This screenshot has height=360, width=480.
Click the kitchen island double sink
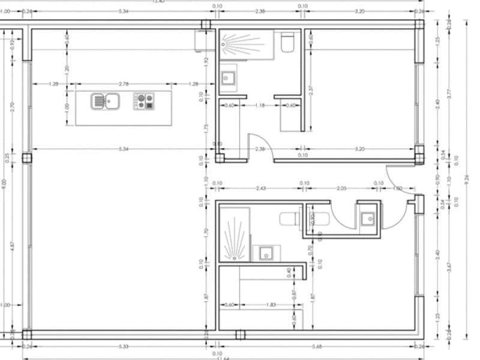(x=106, y=101)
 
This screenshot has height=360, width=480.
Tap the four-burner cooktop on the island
(x=143, y=101)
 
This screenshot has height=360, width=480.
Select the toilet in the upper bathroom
(x=287, y=42)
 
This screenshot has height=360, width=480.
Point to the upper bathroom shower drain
(x=223, y=43)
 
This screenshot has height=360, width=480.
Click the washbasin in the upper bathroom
(x=229, y=77)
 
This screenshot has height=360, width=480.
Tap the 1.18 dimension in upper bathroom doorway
(x=260, y=106)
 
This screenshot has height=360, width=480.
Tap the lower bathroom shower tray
(x=233, y=234)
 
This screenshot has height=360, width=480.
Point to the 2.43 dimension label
(x=260, y=188)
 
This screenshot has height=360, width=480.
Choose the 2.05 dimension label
(x=342, y=188)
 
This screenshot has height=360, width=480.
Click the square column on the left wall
(x=27, y=158)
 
